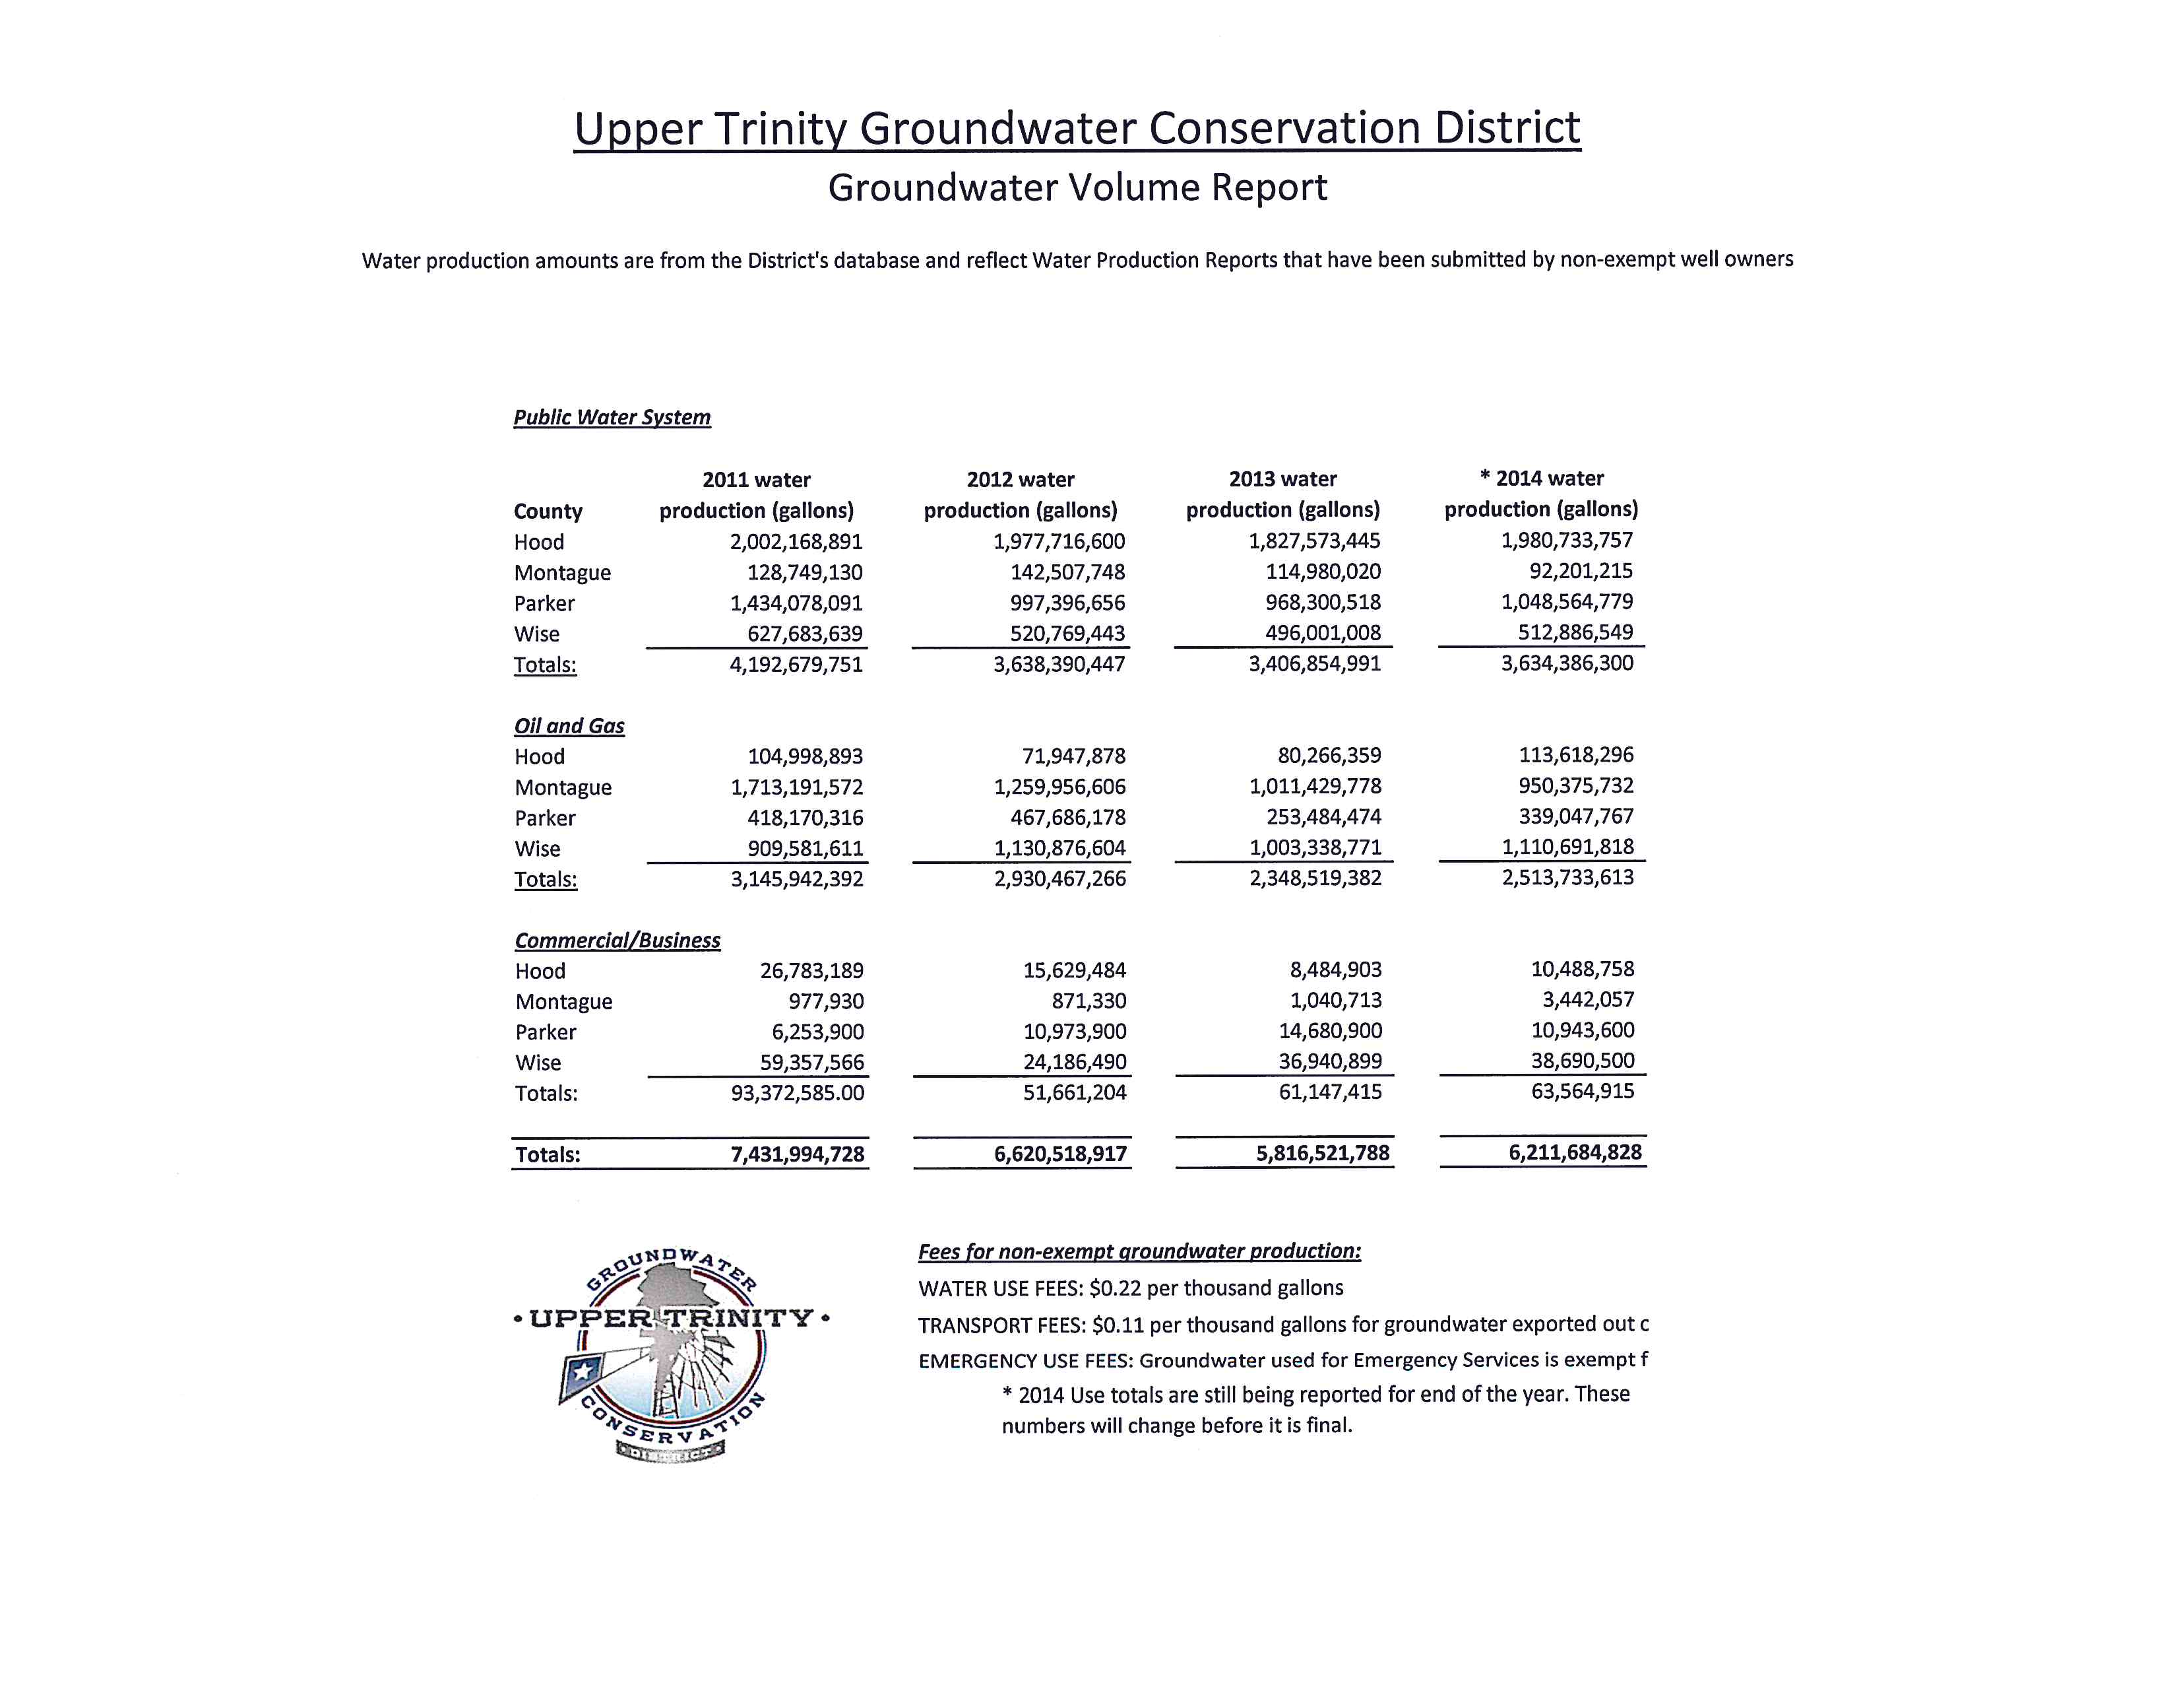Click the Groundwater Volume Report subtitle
click(x=1077, y=187)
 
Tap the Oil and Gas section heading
click(x=569, y=726)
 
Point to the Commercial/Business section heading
click(x=617, y=940)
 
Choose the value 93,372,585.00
click(x=798, y=1093)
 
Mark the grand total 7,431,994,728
click(x=798, y=1154)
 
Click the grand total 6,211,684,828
click(x=1575, y=1152)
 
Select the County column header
click(x=548, y=511)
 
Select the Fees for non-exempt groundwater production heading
click(x=1139, y=1251)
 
